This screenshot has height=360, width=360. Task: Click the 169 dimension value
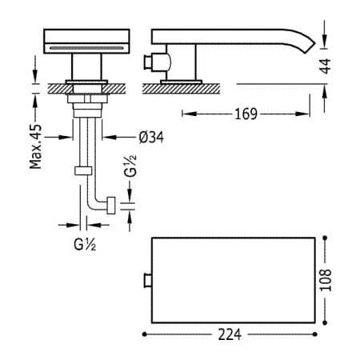coord(246,114)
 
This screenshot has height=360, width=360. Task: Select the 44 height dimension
coord(326,66)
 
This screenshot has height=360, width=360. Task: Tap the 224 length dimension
coord(230,334)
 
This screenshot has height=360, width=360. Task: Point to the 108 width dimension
coord(326,280)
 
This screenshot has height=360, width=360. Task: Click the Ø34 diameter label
coord(151,138)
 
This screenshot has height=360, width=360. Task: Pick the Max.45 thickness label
coord(36,146)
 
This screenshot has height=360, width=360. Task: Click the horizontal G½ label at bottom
coord(85,244)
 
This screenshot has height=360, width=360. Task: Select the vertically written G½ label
coord(130,166)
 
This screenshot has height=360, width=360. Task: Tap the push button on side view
coord(148,62)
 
